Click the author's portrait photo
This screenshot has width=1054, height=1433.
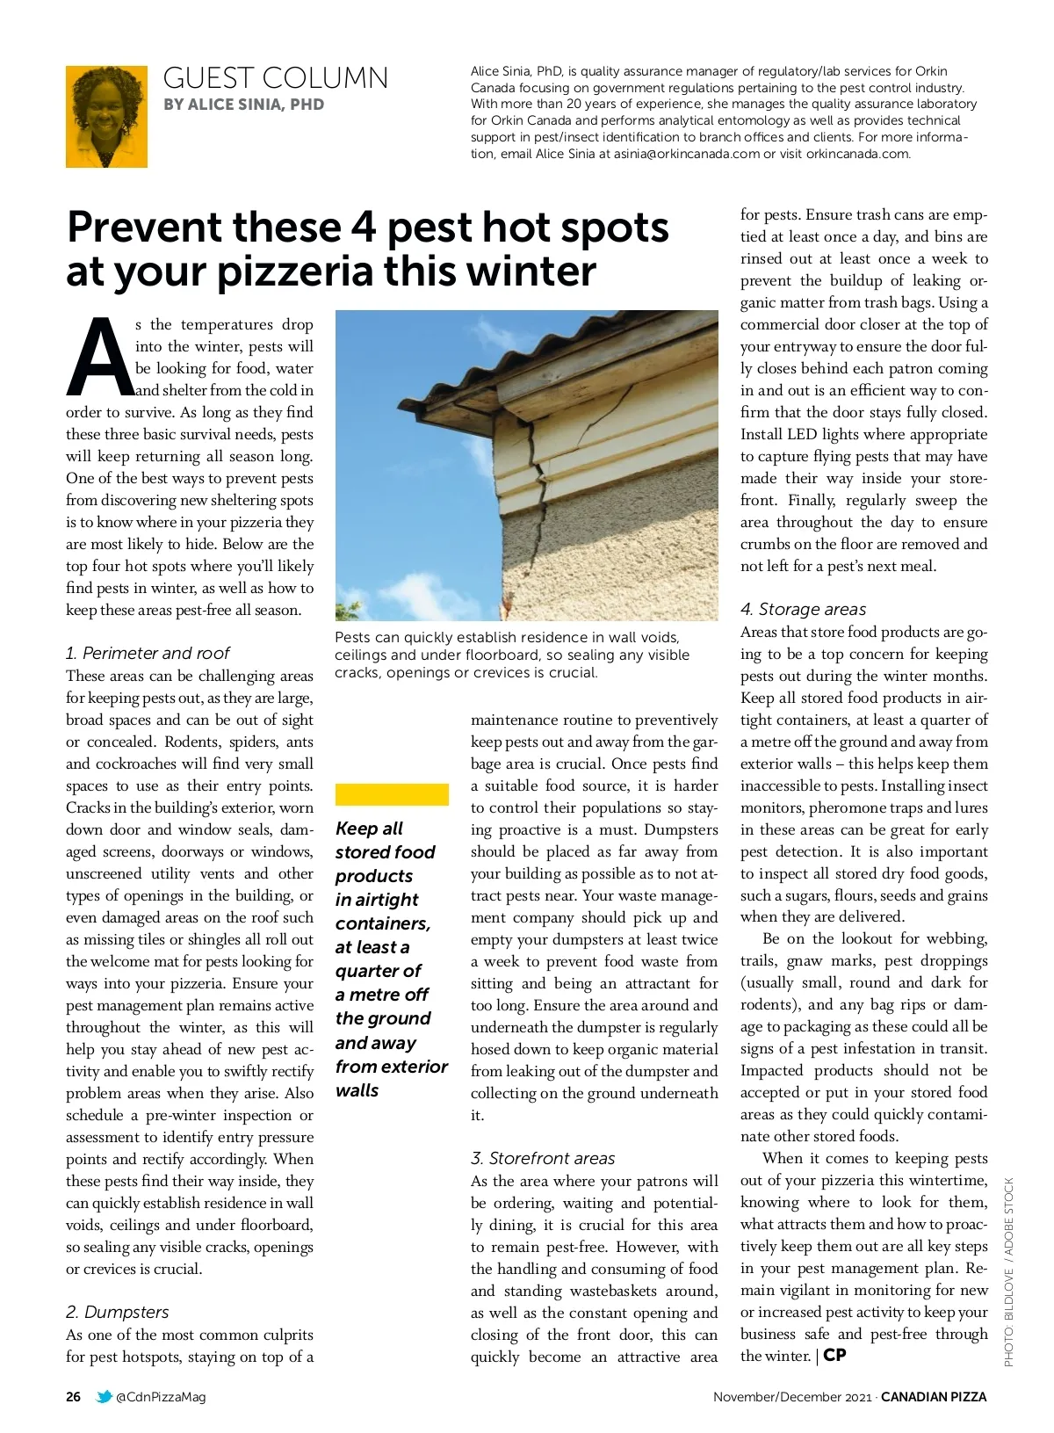click(x=106, y=117)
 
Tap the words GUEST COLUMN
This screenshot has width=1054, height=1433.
click(x=275, y=78)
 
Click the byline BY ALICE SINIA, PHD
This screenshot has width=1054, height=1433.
click(x=243, y=105)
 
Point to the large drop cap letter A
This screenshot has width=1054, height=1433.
click(x=98, y=358)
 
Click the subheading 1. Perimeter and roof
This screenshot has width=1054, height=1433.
click(x=147, y=653)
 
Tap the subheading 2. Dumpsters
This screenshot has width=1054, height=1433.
click(x=117, y=1312)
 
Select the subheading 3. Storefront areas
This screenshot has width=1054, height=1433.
click(x=542, y=1158)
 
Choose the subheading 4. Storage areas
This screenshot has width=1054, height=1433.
click(x=803, y=609)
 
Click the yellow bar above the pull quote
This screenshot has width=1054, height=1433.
click(x=392, y=795)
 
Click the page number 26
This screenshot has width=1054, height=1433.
click(x=74, y=1397)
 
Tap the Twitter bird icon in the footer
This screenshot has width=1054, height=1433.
click(x=104, y=1397)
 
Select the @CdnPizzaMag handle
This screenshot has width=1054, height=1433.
click(x=161, y=1397)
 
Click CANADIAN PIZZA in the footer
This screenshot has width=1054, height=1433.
click(x=934, y=1397)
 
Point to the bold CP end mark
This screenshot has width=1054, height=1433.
click(x=834, y=1355)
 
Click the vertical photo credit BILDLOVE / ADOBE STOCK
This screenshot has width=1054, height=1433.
click(x=1009, y=1271)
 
